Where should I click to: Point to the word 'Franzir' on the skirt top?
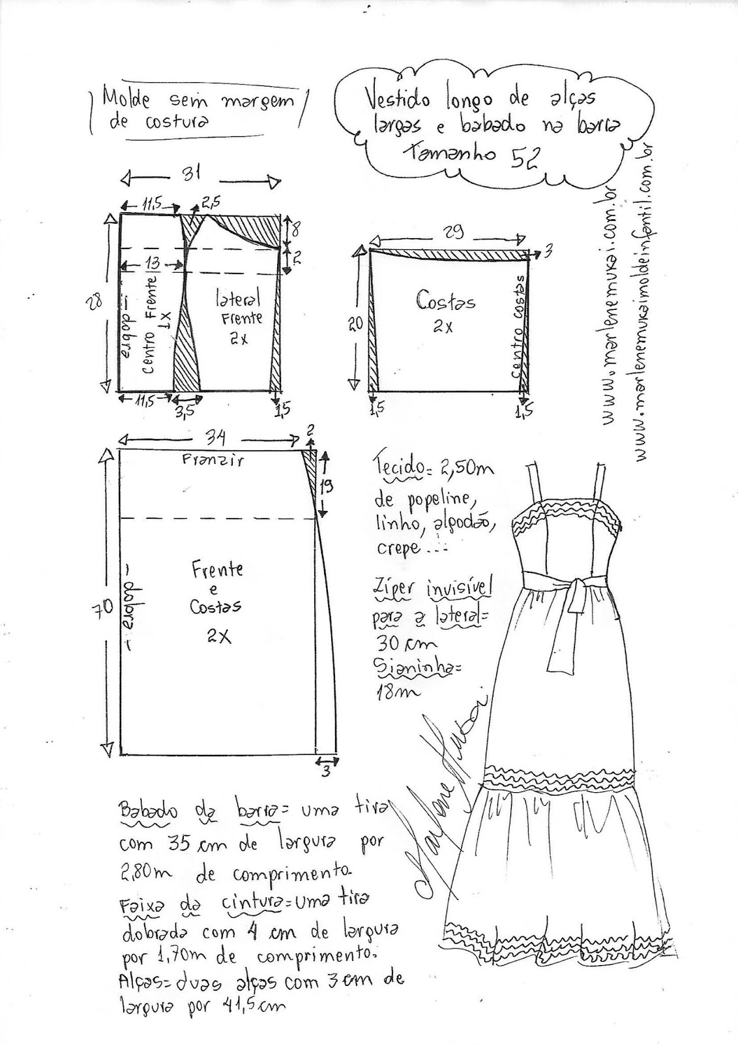[213, 461]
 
